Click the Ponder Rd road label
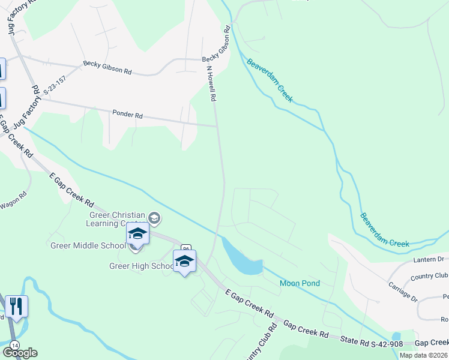click(128, 114)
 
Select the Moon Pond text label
click(300, 283)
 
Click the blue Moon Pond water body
click(243, 259)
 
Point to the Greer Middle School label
click(88, 245)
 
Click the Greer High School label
click(142, 266)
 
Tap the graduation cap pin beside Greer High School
click(184, 262)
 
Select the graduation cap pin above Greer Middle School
click(137, 234)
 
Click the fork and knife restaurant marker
click(17, 307)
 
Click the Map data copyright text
click(424, 355)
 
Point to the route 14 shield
click(14, 345)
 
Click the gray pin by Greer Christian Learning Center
click(155, 218)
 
